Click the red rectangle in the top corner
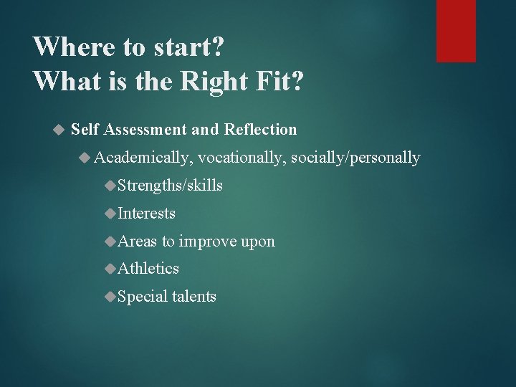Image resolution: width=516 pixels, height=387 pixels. click(456, 30)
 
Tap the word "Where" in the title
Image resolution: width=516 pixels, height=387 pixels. click(68, 47)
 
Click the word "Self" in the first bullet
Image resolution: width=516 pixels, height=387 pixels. click(85, 130)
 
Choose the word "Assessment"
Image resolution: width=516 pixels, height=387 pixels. click(146, 130)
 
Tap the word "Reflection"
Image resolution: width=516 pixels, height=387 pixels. click(260, 130)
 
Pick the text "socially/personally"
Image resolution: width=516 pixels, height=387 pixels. click(355, 158)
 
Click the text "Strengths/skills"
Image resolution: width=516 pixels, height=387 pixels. click(170, 186)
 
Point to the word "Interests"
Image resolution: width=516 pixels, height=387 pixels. click(146, 214)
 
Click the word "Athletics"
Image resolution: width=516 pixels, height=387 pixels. click(148, 269)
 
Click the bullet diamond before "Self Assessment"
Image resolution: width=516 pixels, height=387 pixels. click(59, 130)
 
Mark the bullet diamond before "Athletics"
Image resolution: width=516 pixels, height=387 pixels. click(110, 269)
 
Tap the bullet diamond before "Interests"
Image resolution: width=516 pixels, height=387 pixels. click(110, 214)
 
